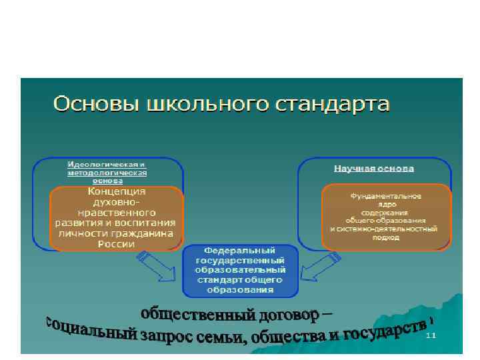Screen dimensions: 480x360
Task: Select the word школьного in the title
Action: (x=191, y=105)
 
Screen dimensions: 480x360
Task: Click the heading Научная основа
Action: (x=373, y=169)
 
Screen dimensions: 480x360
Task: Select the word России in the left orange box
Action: (x=116, y=244)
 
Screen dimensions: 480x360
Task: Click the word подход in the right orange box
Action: (x=383, y=237)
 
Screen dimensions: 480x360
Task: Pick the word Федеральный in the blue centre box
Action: (x=240, y=251)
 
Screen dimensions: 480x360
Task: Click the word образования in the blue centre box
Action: (x=240, y=290)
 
